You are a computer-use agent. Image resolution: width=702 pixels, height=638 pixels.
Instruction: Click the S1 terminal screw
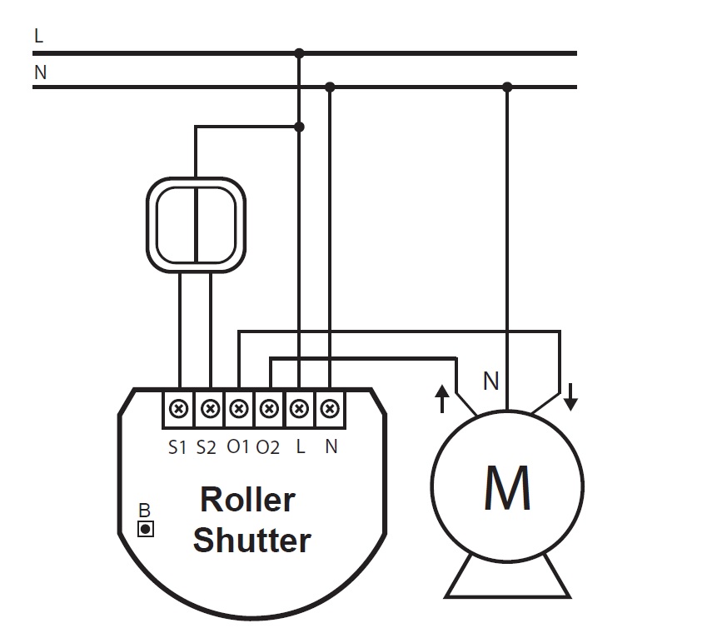click(x=179, y=409)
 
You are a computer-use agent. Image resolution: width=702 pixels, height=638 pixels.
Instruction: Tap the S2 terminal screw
click(x=210, y=409)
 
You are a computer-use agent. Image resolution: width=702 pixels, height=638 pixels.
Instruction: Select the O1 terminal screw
click(x=239, y=409)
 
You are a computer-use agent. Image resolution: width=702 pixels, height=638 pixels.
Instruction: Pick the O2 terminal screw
click(x=269, y=409)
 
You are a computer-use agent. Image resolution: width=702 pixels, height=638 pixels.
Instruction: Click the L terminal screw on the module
click(x=299, y=409)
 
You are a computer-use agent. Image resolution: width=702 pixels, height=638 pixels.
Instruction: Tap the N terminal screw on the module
click(x=330, y=409)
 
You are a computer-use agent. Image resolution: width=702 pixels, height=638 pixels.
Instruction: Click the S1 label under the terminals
click(x=177, y=446)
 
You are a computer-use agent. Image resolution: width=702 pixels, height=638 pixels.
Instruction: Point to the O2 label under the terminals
click(x=268, y=446)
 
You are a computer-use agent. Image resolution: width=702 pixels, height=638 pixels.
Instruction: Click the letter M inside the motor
click(x=507, y=488)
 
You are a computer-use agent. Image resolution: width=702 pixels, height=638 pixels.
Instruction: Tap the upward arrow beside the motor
click(x=442, y=398)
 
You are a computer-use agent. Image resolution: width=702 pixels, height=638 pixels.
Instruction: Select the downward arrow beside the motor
click(x=570, y=397)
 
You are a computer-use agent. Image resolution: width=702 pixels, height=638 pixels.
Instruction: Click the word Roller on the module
click(x=247, y=499)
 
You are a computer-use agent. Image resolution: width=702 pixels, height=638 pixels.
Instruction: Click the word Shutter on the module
click(x=251, y=540)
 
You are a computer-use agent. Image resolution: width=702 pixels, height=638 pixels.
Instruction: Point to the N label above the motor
click(x=491, y=381)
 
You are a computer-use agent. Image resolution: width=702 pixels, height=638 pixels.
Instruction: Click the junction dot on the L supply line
click(x=299, y=53)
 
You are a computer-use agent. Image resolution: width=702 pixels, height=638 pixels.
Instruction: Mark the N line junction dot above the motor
click(x=507, y=87)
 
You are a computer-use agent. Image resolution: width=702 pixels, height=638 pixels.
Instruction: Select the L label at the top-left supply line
click(x=38, y=36)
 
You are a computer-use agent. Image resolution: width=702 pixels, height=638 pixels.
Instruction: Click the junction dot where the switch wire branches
click(x=300, y=127)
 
